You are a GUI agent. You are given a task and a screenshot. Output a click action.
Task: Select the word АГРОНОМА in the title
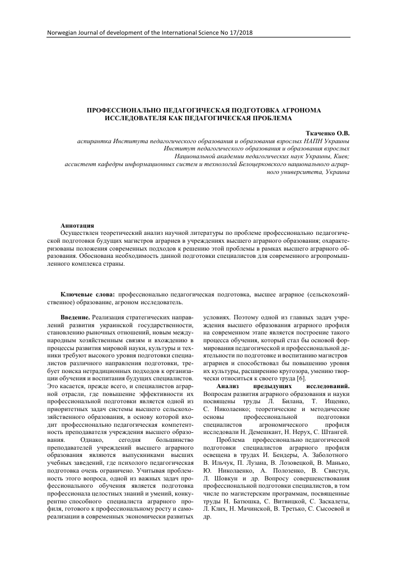289,111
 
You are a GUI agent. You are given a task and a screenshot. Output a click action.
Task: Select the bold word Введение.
75,318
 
